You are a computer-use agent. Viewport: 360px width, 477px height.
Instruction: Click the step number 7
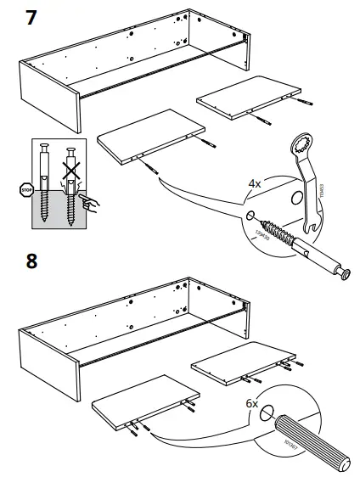(x=31, y=17)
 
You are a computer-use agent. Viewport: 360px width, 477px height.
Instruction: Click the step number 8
(x=31, y=261)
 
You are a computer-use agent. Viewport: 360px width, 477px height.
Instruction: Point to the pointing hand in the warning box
(x=88, y=201)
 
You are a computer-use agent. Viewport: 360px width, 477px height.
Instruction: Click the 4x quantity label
(x=255, y=182)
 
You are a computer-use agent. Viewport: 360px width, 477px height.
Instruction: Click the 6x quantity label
(x=252, y=405)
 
